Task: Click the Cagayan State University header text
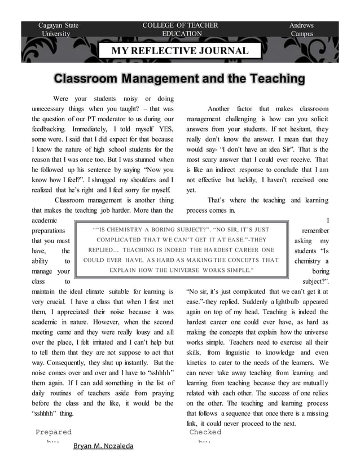click(x=58, y=29)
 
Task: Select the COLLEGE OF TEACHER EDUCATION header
click(x=180, y=29)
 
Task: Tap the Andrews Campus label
click(x=301, y=29)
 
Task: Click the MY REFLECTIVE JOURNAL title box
click(x=179, y=51)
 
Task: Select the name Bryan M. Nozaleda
click(x=103, y=446)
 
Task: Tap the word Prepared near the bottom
click(x=54, y=432)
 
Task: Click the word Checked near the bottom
click(x=205, y=432)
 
